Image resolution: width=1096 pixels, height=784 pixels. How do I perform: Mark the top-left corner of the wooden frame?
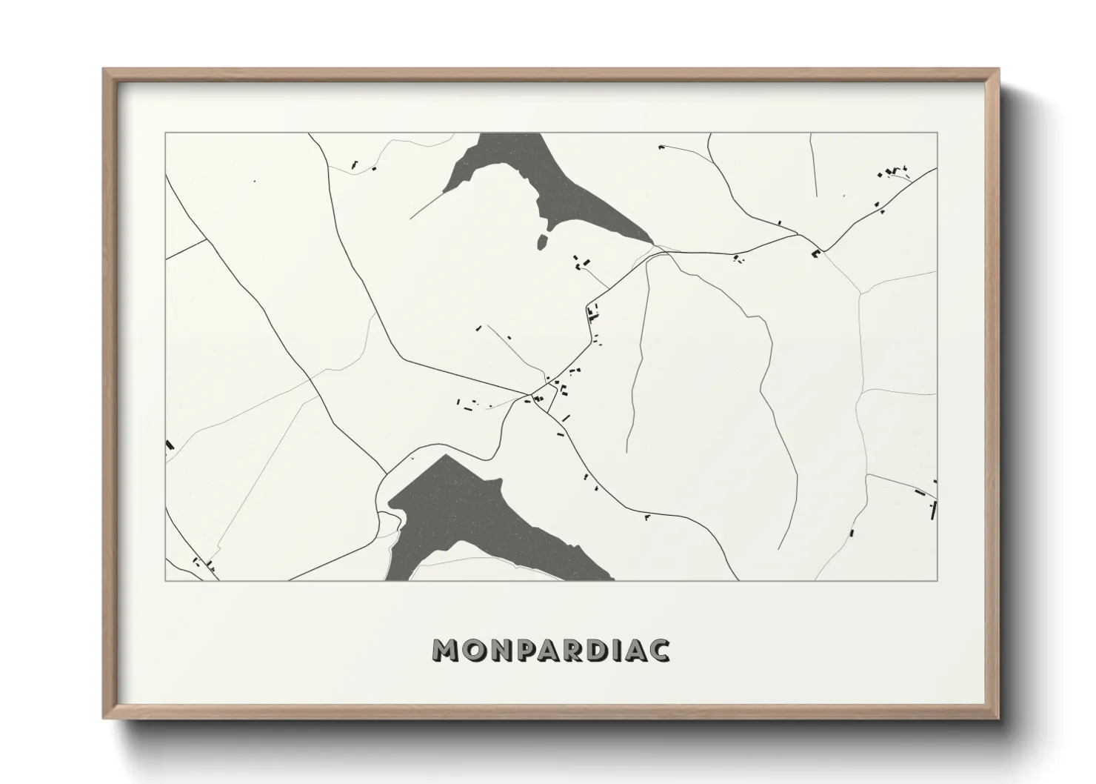click(x=104, y=70)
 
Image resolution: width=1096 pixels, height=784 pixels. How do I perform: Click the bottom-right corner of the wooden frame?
click(x=998, y=718)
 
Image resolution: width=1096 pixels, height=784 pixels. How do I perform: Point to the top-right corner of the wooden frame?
click(x=998, y=70)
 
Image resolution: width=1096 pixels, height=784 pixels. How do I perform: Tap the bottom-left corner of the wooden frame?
click(x=104, y=718)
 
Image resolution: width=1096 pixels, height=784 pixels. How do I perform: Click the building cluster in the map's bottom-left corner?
click(x=204, y=565)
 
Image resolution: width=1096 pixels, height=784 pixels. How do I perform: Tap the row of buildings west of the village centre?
click(x=468, y=404)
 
